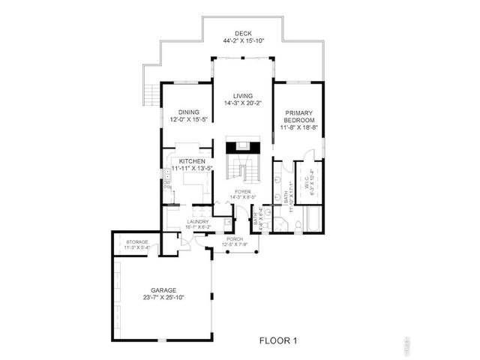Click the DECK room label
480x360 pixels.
pos(243,33)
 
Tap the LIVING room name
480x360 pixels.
pos(243,96)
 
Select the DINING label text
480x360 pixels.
pos(188,112)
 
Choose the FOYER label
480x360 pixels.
pos(242,192)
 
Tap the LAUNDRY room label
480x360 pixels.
pos(198,221)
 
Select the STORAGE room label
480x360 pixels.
pos(136,241)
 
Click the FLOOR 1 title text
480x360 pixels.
pos(278,340)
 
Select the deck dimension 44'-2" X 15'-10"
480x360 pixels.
pos(243,40)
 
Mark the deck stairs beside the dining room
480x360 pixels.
pos(152,95)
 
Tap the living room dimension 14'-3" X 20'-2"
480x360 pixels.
pos(243,103)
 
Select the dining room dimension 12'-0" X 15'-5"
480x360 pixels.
pos(188,120)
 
